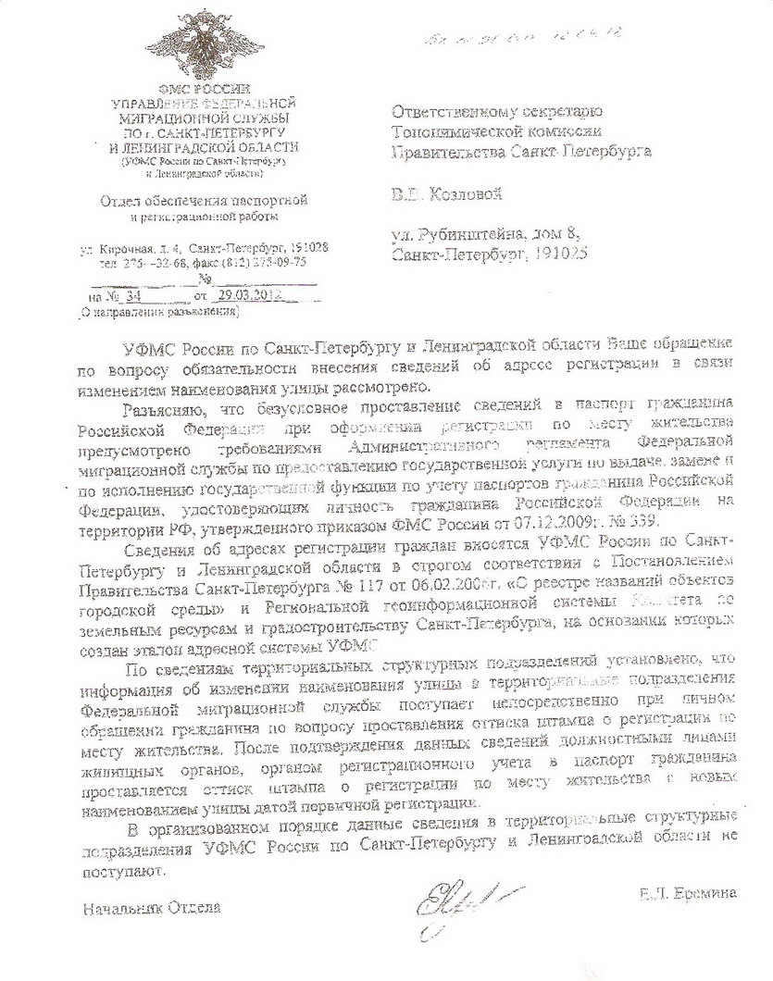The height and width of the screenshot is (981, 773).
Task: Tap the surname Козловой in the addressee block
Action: tap(471, 195)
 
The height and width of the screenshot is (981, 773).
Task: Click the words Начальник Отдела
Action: tap(152, 907)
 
